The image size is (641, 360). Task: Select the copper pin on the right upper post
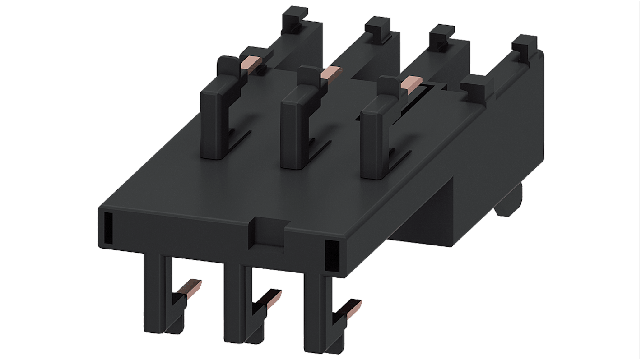point(411,83)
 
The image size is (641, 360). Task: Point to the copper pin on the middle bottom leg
point(270,298)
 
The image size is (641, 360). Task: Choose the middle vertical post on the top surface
point(294,131)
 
